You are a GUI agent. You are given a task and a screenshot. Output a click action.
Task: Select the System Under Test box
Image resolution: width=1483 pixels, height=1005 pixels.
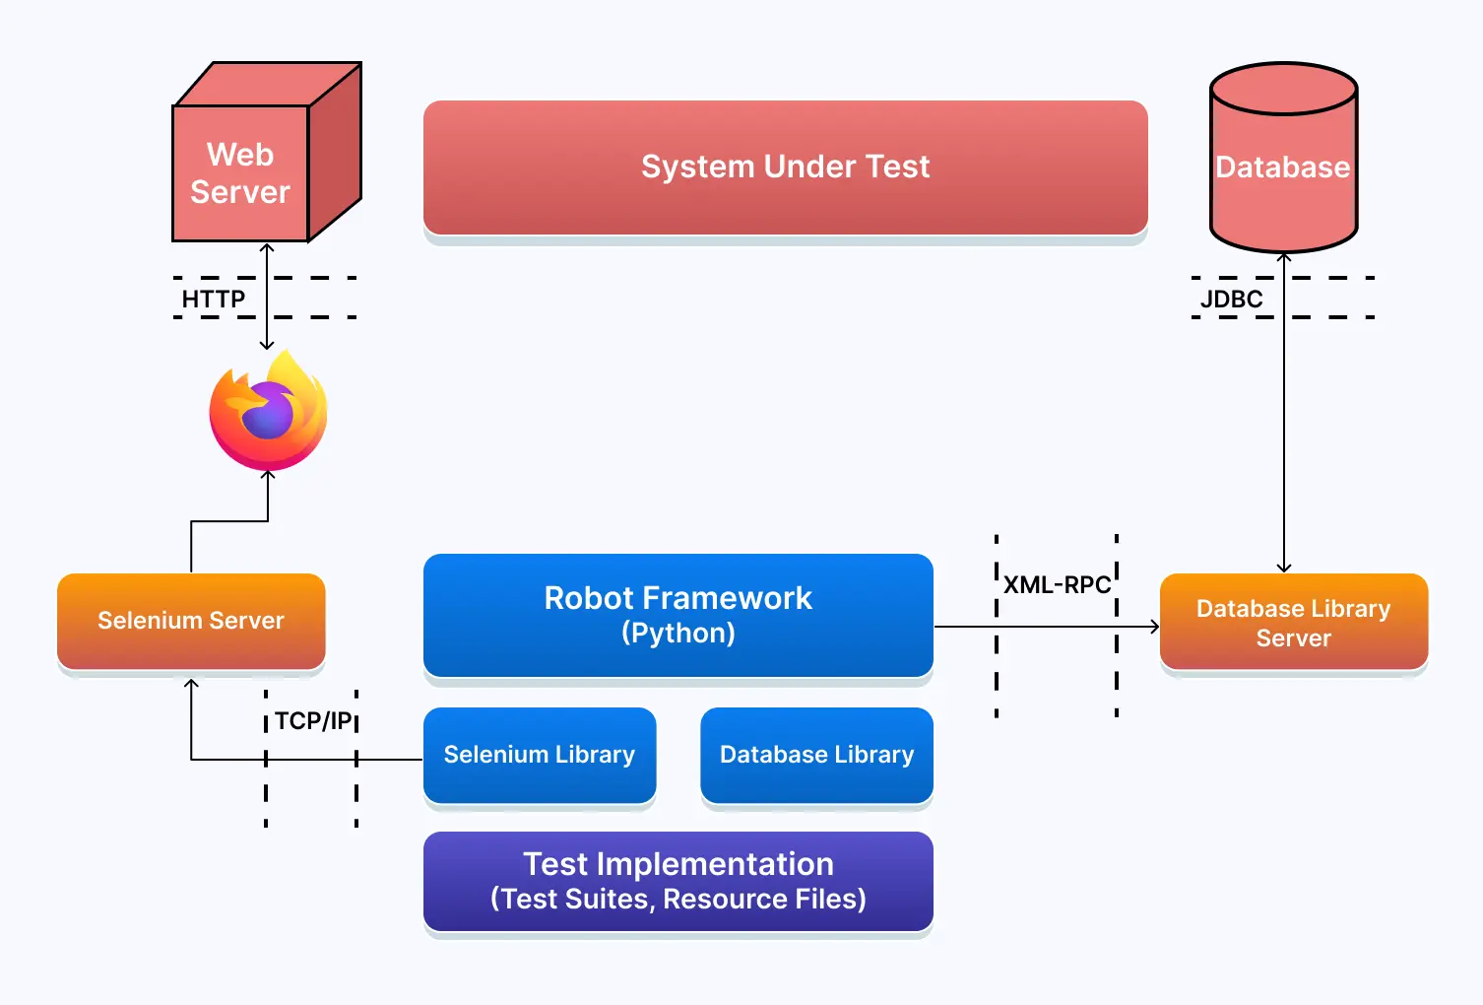(785, 167)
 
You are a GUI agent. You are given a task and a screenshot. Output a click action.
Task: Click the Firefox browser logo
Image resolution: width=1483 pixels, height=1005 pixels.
(268, 412)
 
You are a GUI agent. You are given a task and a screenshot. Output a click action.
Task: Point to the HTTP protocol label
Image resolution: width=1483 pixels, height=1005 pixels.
(214, 299)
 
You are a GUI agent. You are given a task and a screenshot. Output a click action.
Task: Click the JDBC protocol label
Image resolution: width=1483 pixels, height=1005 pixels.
(1231, 299)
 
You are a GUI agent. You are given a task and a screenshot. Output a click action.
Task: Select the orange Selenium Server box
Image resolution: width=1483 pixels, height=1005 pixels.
(191, 621)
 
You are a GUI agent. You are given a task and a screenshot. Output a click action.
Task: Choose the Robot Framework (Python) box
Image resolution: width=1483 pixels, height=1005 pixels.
(677, 614)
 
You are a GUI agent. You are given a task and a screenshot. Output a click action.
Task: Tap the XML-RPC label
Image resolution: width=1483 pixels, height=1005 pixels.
(1057, 585)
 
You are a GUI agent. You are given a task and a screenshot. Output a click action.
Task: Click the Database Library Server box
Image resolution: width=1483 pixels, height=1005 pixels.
(1293, 623)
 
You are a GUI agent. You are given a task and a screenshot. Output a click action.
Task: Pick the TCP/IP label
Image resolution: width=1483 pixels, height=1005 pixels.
(312, 721)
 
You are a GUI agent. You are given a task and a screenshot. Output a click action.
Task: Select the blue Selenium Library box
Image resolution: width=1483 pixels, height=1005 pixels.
(539, 755)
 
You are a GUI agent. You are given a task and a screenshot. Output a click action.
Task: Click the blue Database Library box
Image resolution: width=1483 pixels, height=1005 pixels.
(816, 755)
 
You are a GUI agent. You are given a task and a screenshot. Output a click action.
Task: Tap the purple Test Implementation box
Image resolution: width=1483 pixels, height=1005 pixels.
(677, 881)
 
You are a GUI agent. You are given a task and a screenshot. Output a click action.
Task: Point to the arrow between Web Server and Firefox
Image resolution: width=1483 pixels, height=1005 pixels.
(267, 296)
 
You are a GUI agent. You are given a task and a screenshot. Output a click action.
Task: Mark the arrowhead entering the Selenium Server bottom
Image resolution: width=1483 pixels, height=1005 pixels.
(191, 683)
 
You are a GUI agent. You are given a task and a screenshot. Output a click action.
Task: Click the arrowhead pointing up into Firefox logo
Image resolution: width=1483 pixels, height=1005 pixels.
(268, 476)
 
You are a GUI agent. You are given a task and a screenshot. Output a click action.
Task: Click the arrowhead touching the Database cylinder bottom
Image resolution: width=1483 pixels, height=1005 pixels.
(1284, 258)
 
